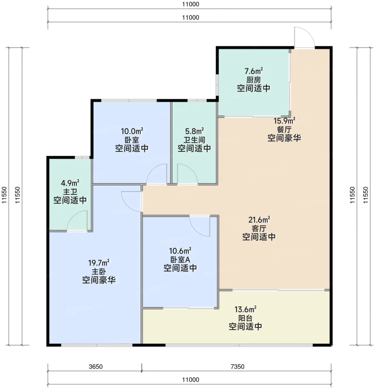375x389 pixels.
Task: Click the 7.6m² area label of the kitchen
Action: [x=254, y=71]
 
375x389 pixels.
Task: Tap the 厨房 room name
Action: [x=254, y=80]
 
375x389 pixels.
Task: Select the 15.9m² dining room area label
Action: [x=284, y=121]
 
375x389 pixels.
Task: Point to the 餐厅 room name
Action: [x=284, y=129]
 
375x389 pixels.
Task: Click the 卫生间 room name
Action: [x=194, y=140]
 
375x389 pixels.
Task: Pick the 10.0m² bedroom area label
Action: [x=132, y=131]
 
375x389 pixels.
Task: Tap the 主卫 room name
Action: [x=70, y=192]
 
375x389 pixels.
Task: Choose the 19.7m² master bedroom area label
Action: [x=99, y=263]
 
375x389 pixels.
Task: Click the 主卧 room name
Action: [x=99, y=272]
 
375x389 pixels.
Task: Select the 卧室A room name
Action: [x=180, y=260]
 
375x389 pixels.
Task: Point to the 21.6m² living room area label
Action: [x=259, y=220]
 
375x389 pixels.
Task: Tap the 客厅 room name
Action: [x=259, y=228]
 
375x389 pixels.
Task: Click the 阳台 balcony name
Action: [x=245, y=318]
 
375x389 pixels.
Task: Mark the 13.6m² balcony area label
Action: [x=245, y=309]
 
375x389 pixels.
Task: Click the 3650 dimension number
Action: [x=96, y=366]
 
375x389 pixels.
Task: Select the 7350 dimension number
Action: [x=237, y=366]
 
